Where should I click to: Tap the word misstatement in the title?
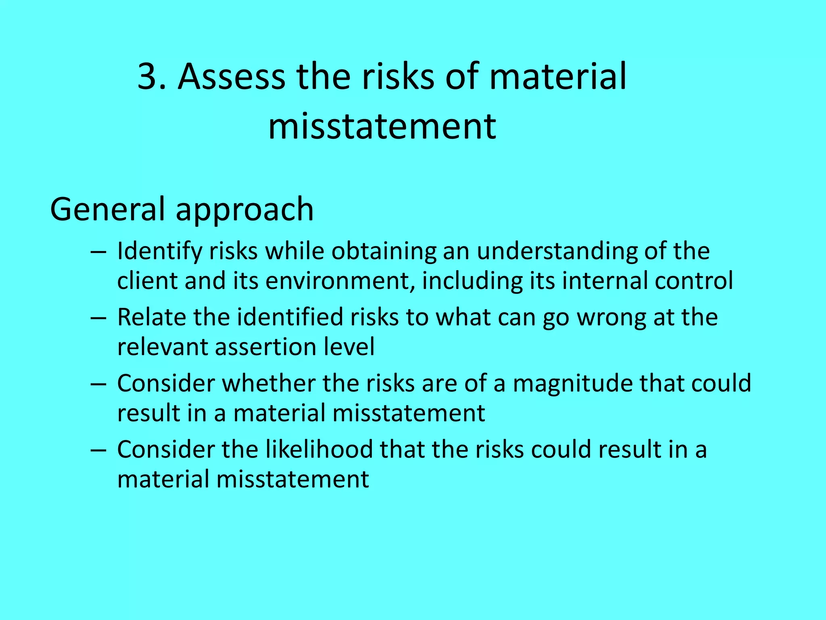[382, 126]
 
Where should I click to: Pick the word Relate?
[151, 317]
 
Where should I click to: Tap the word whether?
[269, 383]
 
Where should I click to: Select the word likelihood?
[319, 450]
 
